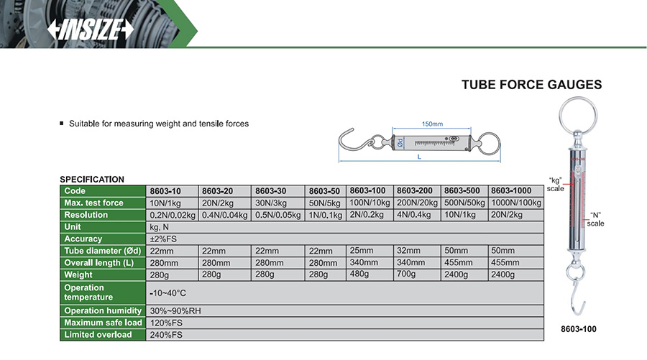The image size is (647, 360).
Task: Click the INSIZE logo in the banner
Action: point(91,29)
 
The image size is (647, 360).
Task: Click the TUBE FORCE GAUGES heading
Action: point(531,85)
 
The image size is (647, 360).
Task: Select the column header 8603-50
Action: point(324,191)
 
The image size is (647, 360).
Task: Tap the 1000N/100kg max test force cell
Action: point(515,203)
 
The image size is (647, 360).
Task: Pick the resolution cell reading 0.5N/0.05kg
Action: point(277,215)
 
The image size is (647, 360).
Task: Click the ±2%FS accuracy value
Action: point(163,239)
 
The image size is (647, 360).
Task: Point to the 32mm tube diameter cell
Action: point(408,250)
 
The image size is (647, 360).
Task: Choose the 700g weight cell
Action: point(406,274)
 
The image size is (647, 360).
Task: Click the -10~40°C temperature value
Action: point(168,293)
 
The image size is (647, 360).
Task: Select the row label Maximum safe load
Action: point(103,323)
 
